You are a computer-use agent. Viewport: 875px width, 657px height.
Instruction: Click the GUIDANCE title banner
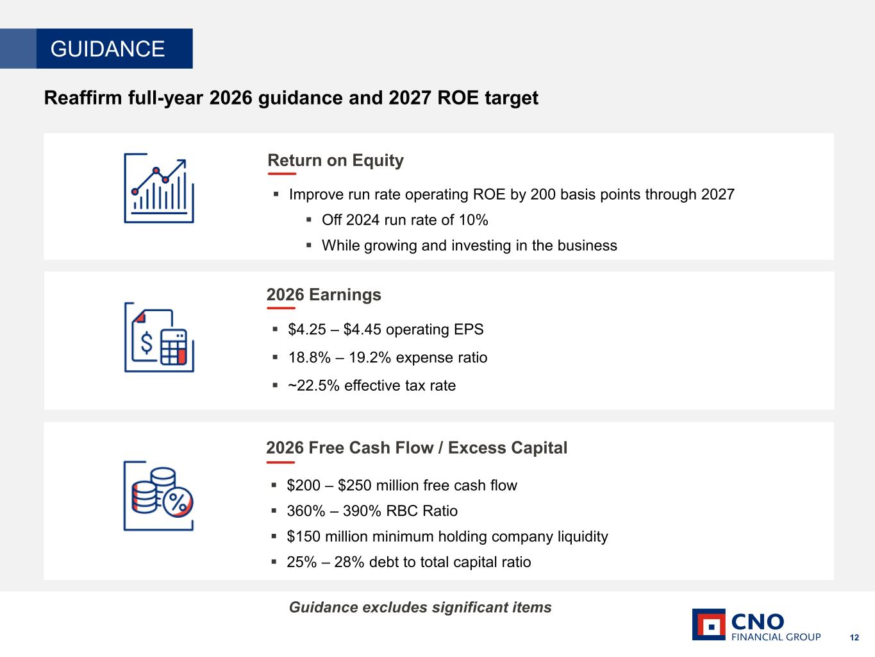[96, 49]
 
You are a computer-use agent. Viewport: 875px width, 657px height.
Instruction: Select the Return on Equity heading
[335, 160]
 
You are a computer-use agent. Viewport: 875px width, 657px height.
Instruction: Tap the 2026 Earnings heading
[324, 294]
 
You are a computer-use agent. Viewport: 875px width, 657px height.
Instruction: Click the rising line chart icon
[159, 188]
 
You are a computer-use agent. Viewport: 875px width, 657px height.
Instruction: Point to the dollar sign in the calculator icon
[147, 343]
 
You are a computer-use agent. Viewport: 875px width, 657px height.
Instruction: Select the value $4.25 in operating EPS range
[307, 330]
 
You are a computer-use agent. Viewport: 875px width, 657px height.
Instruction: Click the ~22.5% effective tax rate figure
[313, 386]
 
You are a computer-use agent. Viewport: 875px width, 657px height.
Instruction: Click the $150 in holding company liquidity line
[303, 536]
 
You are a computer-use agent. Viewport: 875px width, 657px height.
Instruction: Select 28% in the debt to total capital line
[349, 562]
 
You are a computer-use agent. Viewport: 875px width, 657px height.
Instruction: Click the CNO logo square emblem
[708, 625]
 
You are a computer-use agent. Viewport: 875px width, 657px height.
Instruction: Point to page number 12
[854, 638]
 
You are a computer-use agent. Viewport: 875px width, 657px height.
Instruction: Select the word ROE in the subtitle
[458, 98]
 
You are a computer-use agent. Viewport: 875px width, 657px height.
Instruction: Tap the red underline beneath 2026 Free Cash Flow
[281, 463]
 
